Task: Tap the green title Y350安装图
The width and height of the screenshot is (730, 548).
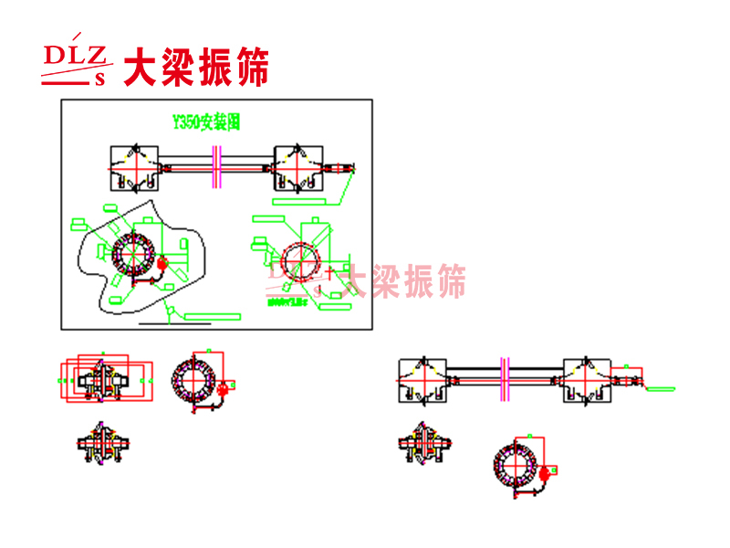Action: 206,121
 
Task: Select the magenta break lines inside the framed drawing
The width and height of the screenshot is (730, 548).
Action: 217,168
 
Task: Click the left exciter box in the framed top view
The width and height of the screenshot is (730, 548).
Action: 135,167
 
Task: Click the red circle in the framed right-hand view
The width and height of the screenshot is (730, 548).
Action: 299,263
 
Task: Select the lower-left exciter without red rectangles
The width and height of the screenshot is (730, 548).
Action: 100,445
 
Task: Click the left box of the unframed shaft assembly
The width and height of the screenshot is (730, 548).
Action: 422,378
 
